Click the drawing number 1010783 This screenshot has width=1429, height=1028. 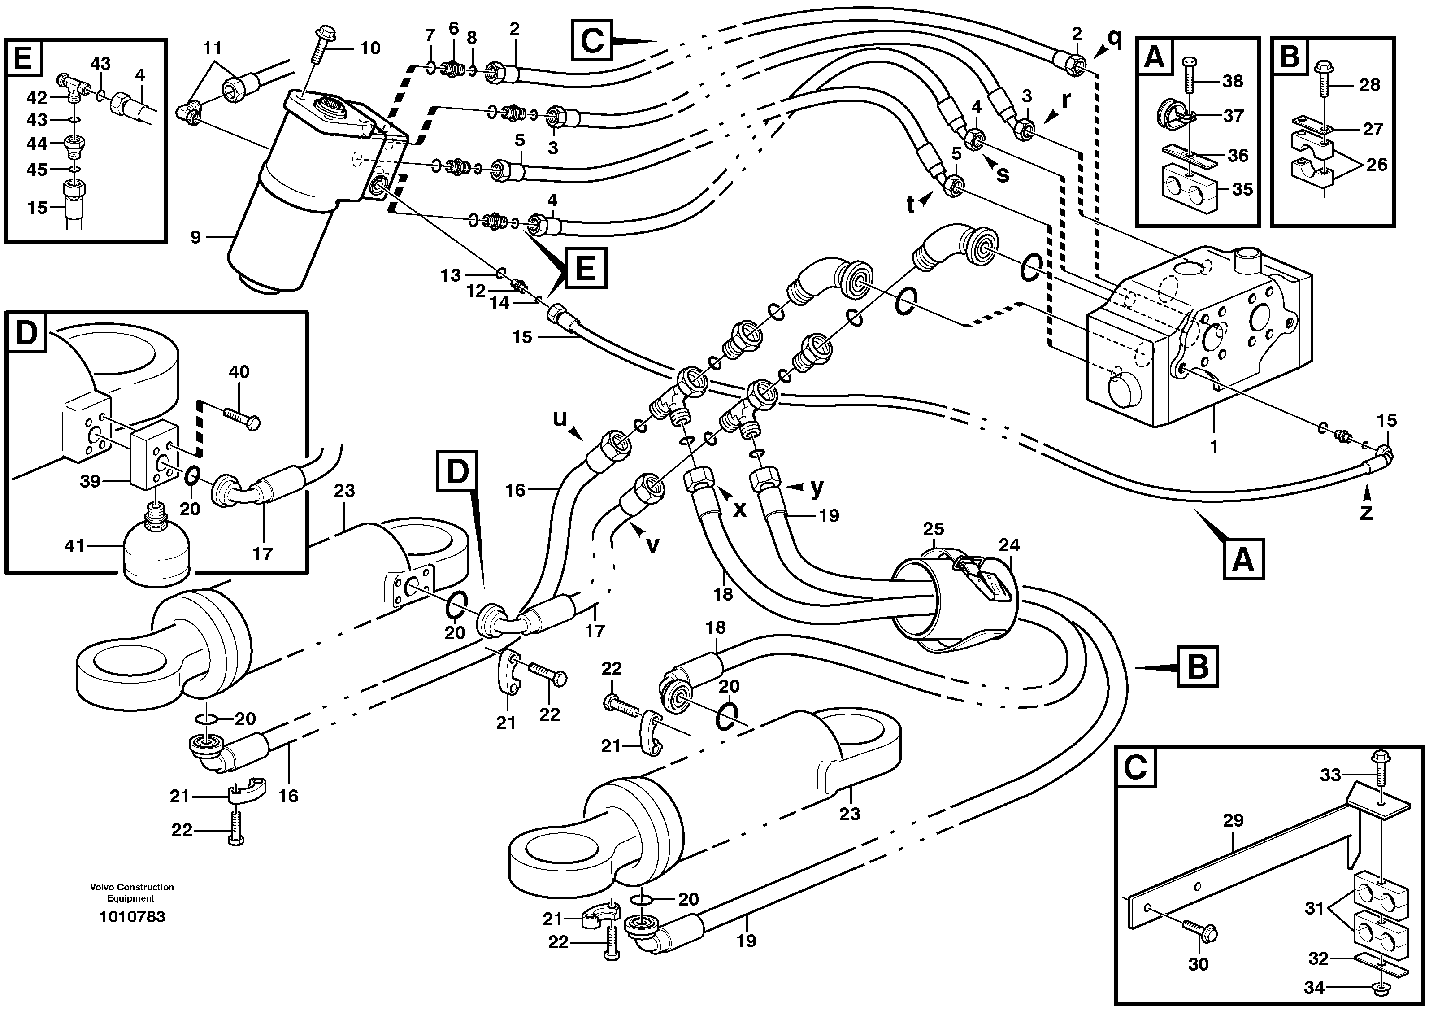132,916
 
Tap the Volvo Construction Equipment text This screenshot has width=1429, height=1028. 132,893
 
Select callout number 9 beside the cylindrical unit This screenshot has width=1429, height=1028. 196,238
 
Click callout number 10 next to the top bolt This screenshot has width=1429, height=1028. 370,48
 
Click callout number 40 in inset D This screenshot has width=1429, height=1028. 239,372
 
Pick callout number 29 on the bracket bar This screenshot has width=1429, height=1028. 1233,821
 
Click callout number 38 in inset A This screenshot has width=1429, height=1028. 1233,81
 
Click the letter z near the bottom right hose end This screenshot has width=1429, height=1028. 1366,511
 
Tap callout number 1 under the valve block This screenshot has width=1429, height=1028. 1213,446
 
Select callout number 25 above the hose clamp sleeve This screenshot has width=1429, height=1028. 934,528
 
